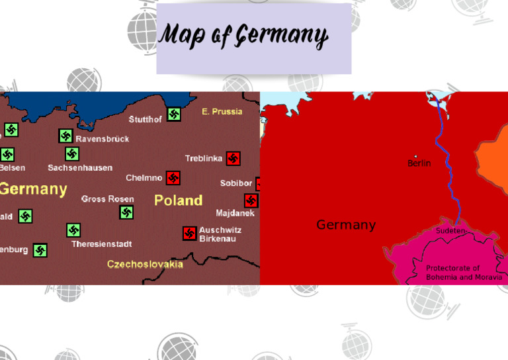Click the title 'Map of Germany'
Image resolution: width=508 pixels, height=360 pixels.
pyautogui.click(x=243, y=37)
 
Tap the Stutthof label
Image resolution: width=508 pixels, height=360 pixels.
pyautogui.click(x=145, y=120)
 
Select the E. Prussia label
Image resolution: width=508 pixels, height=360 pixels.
pyautogui.click(x=222, y=112)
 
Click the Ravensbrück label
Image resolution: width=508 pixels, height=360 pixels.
pyautogui.click(x=103, y=139)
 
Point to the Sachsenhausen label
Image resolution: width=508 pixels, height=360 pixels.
pyautogui.click(x=80, y=168)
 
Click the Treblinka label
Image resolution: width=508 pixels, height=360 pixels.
pyautogui.click(x=203, y=159)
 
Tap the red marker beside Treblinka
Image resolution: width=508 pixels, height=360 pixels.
pyautogui.click(x=233, y=158)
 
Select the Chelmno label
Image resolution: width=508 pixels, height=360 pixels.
pyautogui.click(x=144, y=178)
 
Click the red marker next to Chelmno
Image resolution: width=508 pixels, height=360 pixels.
pyautogui.click(x=173, y=178)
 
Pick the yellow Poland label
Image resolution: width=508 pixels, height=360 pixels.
pyautogui.click(x=178, y=200)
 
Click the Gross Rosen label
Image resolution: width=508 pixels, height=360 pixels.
pyautogui.click(x=107, y=199)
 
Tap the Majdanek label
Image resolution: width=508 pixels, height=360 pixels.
pyautogui.click(x=235, y=213)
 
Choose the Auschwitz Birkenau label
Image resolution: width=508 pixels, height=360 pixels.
pyautogui.click(x=220, y=234)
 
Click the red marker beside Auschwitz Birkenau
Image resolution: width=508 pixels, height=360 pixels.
pyautogui.click(x=189, y=233)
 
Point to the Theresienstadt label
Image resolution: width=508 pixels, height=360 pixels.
pyautogui.click(x=102, y=244)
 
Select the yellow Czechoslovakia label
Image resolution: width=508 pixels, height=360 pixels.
pyautogui.click(x=145, y=265)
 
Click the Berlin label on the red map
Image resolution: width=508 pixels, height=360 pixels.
pyautogui.click(x=419, y=163)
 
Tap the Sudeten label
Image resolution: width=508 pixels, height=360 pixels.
pyautogui.click(x=450, y=231)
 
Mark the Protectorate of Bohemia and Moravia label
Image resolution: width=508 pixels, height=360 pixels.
pyautogui.click(x=463, y=273)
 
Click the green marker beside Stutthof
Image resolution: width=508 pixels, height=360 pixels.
pyautogui.click(x=174, y=114)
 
